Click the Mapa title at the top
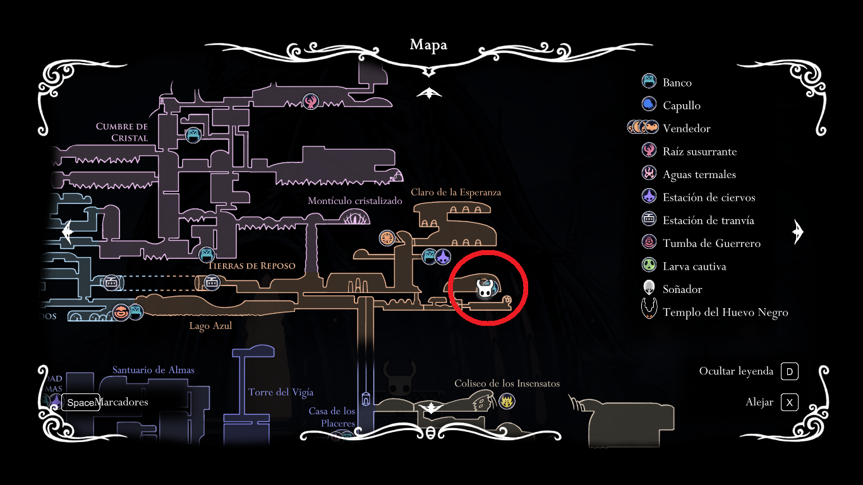[428, 45]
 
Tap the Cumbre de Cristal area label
[122, 132]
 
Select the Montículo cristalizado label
[355, 201]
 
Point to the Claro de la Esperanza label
[456, 192]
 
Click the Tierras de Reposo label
[251, 266]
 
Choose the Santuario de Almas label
[154, 370]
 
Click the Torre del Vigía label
[281, 392]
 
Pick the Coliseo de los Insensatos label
[507, 383]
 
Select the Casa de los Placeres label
[332, 417]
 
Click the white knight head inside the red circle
[485, 290]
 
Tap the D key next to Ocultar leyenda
[789, 371]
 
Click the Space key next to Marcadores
[80, 402]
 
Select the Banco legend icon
[649, 81]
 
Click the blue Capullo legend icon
[649, 105]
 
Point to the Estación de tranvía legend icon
[649, 220]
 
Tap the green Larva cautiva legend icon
[649, 266]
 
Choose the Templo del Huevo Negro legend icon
[649, 311]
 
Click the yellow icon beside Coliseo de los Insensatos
[507, 401]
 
